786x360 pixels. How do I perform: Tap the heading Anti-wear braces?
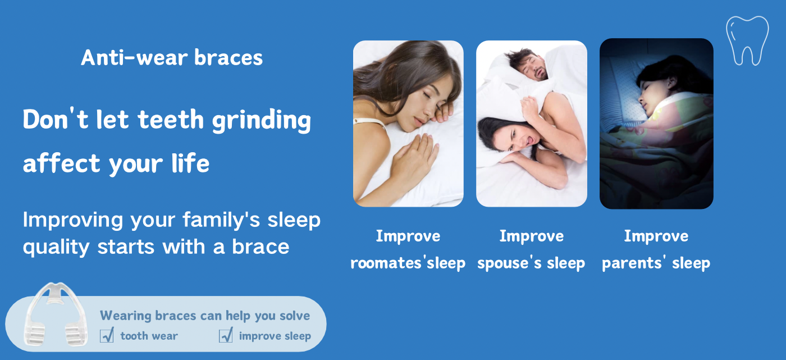point(172,57)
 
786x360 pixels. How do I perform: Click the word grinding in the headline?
point(262,120)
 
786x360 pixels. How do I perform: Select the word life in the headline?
point(190,163)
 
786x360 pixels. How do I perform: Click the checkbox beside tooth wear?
point(107,335)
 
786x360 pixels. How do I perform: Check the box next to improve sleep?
point(226,335)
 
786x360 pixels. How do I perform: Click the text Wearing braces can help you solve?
point(205,316)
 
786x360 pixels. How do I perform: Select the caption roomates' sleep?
point(408,263)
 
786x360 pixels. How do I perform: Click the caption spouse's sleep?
point(531,263)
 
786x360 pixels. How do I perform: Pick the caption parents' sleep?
point(656,263)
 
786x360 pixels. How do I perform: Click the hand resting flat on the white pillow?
point(414,158)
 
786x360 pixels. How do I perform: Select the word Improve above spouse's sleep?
point(531,236)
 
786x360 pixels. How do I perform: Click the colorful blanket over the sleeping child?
point(660,151)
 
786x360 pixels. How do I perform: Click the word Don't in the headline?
point(56,119)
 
